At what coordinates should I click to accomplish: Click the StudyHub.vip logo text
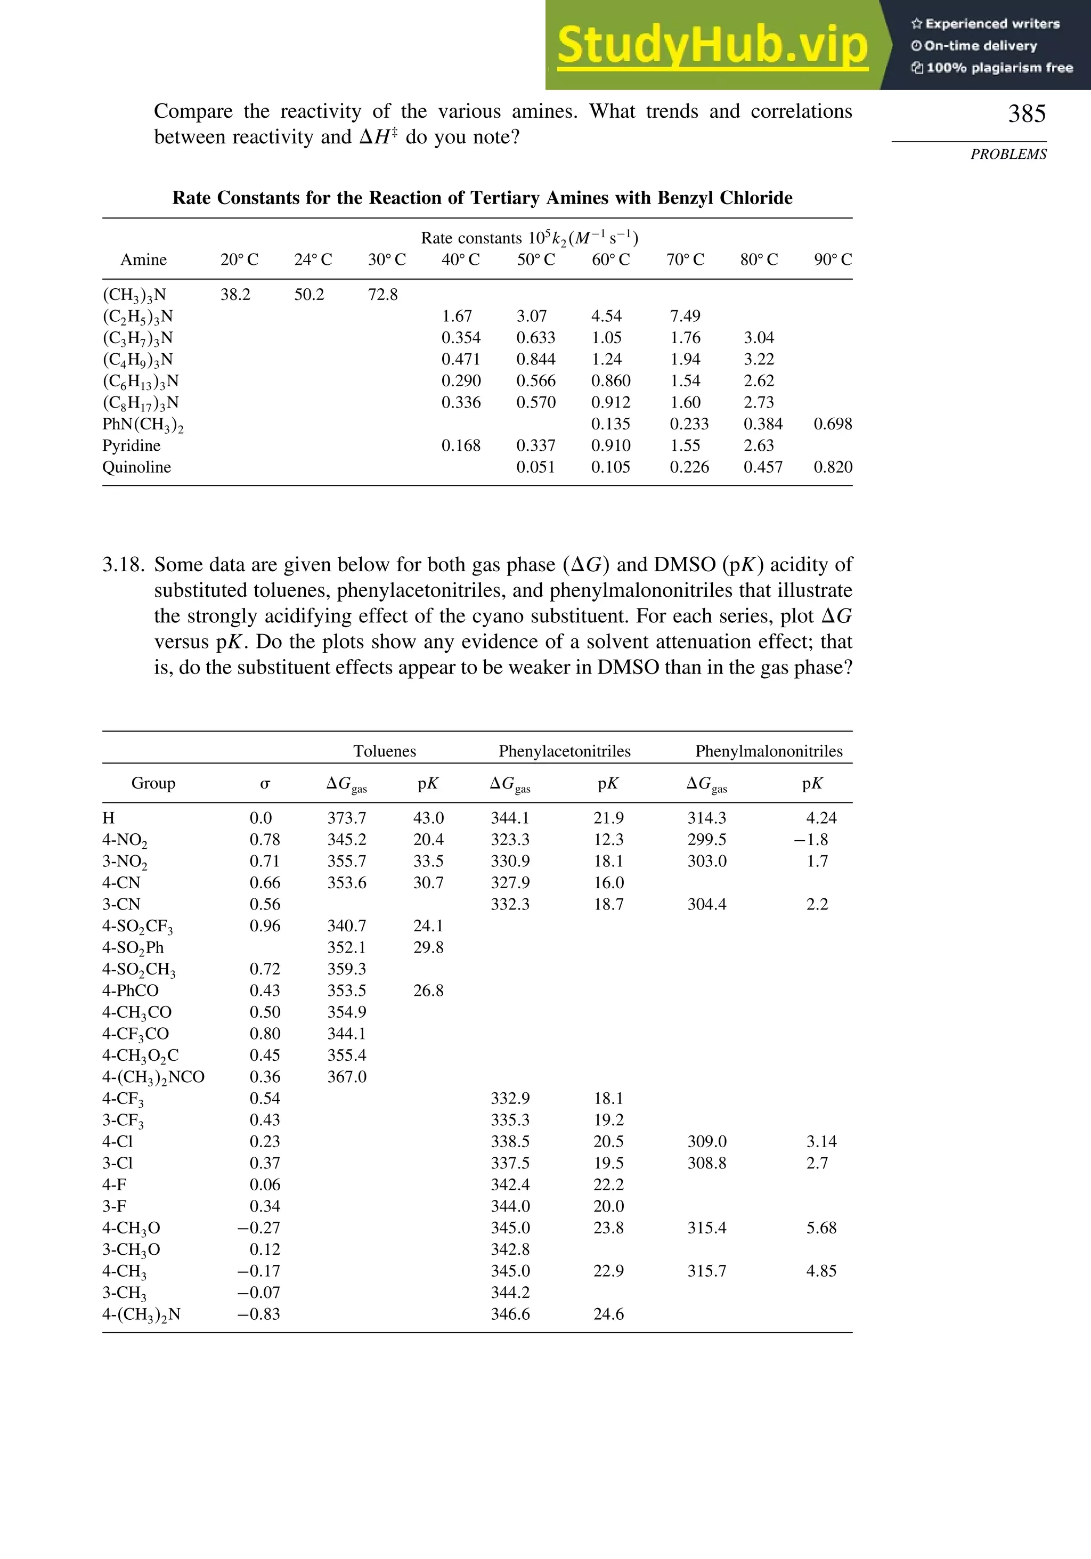(x=712, y=46)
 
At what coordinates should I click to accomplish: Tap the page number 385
(x=1026, y=113)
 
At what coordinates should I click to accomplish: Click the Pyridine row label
(x=131, y=445)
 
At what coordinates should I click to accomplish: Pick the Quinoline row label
(x=136, y=467)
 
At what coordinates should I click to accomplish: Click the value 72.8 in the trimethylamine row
(x=383, y=295)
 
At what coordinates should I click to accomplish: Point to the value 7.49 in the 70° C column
(x=685, y=316)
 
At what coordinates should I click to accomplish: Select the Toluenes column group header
(x=384, y=751)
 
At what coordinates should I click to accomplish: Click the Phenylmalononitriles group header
(x=769, y=751)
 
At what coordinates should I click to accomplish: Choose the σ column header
(x=265, y=784)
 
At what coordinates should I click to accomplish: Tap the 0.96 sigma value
(x=265, y=925)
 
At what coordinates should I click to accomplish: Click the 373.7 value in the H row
(x=346, y=817)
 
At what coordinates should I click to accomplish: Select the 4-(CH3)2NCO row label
(x=153, y=1077)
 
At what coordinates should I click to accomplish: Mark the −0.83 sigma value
(x=259, y=1314)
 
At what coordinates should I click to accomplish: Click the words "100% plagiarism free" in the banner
(x=999, y=68)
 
